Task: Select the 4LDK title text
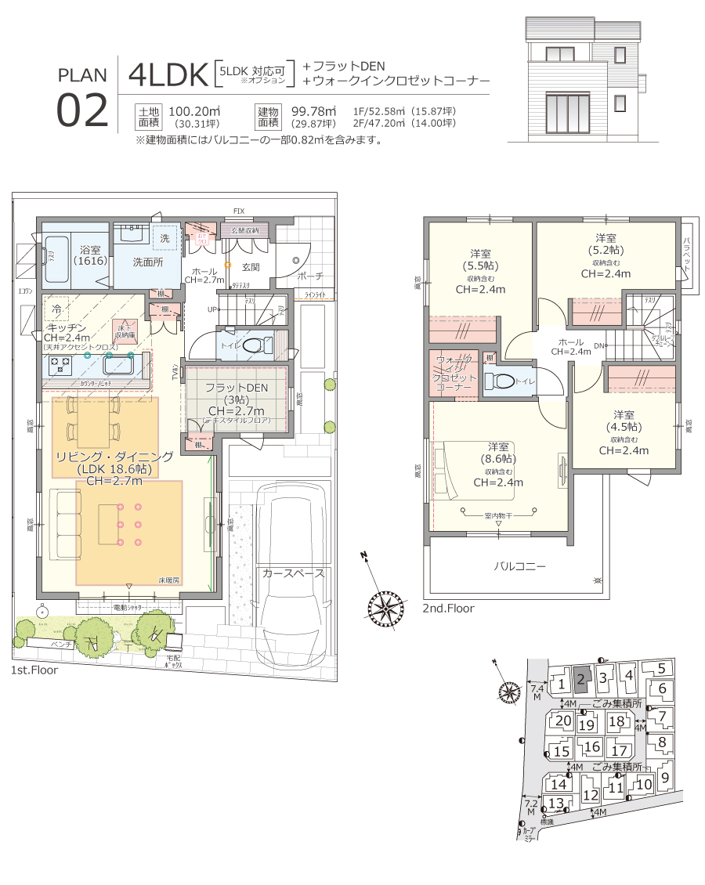[x=167, y=74]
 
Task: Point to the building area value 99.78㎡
[x=313, y=111]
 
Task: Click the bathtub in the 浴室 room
[x=56, y=258]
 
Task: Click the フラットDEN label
[x=236, y=388]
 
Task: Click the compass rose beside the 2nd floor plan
[x=384, y=602]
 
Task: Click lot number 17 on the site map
[x=619, y=750]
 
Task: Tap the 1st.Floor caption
[x=34, y=670]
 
